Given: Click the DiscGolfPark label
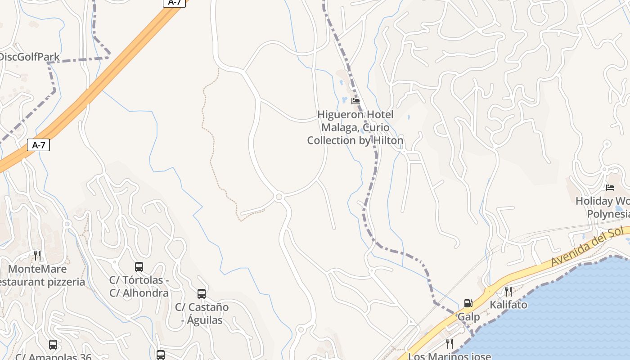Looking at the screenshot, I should (x=30, y=57).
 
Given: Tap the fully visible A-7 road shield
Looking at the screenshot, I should (x=39, y=145).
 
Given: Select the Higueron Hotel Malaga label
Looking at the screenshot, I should (x=355, y=127).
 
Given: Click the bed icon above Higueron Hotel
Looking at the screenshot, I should (x=355, y=101).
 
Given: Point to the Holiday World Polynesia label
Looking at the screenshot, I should (x=603, y=207).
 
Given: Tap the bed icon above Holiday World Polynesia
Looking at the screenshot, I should (x=610, y=188).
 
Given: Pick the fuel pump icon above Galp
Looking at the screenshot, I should (x=468, y=304).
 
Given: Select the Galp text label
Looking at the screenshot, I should (x=468, y=317).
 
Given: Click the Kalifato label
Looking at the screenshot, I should (x=508, y=305).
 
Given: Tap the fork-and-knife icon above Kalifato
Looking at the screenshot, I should (x=508, y=292).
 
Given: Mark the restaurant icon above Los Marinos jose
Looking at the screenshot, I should (x=449, y=344).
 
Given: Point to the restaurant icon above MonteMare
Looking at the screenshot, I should (x=37, y=256).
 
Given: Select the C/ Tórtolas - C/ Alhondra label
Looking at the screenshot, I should (x=139, y=286).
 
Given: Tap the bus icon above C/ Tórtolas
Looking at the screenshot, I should (x=139, y=267).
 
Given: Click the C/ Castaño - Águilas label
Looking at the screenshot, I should (x=202, y=314).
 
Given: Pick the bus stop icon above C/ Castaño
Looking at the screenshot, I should (x=202, y=294).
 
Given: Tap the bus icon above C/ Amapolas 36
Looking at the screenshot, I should (x=53, y=345).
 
